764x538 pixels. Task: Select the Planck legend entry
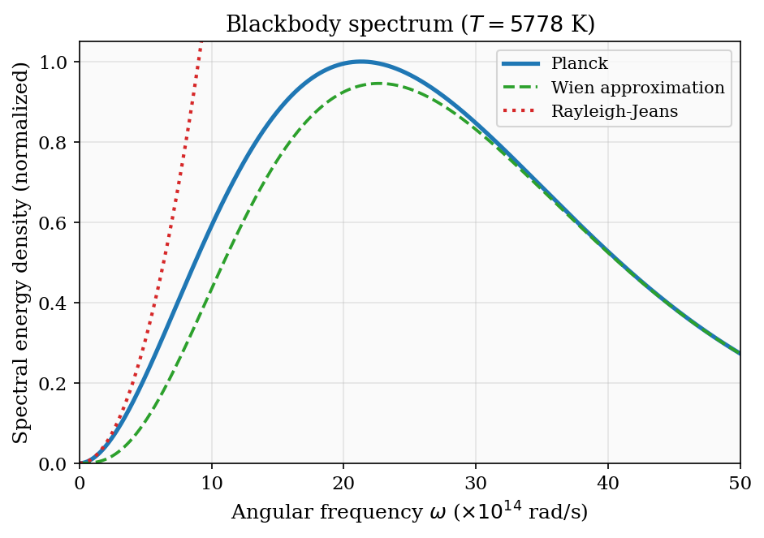[x=579, y=63]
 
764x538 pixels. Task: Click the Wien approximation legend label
[x=637, y=88]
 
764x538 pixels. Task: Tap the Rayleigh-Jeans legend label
[x=615, y=112]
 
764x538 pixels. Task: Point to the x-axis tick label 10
[x=212, y=480]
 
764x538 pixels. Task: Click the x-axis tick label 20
[x=344, y=480]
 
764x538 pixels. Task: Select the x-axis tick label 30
[x=476, y=480]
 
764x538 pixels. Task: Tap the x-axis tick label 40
[x=608, y=480]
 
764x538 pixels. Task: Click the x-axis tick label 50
[x=740, y=480]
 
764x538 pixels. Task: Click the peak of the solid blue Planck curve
[x=361, y=62]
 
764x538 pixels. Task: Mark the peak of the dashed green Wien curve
[x=378, y=84]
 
